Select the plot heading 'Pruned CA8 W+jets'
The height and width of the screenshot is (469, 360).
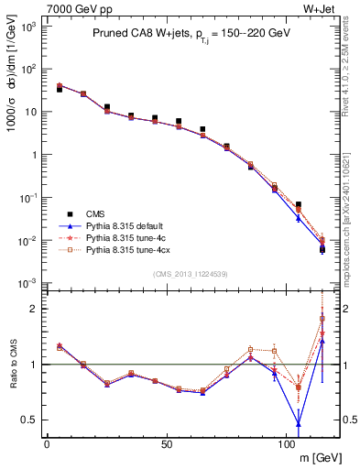click(x=142, y=33)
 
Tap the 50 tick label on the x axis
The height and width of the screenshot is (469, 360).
click(x=166, y=444)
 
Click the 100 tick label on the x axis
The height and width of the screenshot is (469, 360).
click(x=286, y=444)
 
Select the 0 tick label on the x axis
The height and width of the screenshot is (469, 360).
click(x=47, y=444)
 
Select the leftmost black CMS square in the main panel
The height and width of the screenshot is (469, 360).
click(x=60, y=90)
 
